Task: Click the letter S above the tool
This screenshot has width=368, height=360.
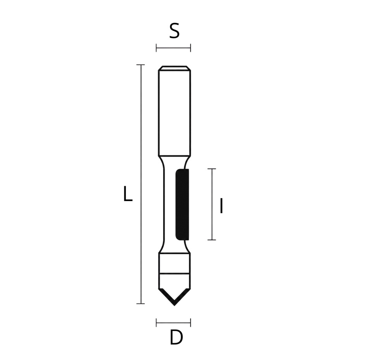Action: (174, 31)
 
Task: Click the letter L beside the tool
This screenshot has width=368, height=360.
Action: (128, 193)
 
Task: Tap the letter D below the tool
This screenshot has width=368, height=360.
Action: (176, 337)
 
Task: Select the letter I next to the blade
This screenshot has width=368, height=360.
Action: (221, 206)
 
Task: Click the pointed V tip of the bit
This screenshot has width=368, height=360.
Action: (174, 305)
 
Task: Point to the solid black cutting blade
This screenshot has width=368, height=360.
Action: (182, 205)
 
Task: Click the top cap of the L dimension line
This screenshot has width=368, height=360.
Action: (141, 65)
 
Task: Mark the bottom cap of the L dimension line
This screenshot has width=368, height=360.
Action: (141, 304)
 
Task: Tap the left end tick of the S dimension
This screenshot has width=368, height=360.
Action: (156, 48)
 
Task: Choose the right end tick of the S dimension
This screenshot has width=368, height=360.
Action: (191, 48)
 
